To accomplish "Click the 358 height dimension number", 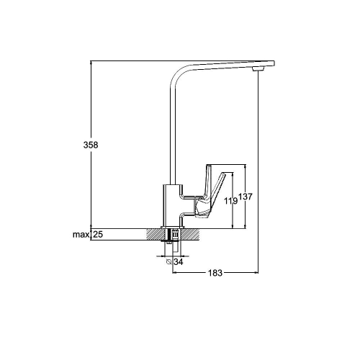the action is (91, 145).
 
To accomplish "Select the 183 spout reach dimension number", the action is (215, 273).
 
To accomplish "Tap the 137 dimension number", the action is (246, 197).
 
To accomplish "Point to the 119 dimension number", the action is (230, 201).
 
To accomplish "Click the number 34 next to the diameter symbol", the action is (179, 262).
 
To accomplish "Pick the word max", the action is (81, 234).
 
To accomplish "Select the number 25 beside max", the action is (98, 234).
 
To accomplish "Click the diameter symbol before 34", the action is (169, 262).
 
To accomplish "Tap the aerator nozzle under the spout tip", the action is (258, 69).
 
